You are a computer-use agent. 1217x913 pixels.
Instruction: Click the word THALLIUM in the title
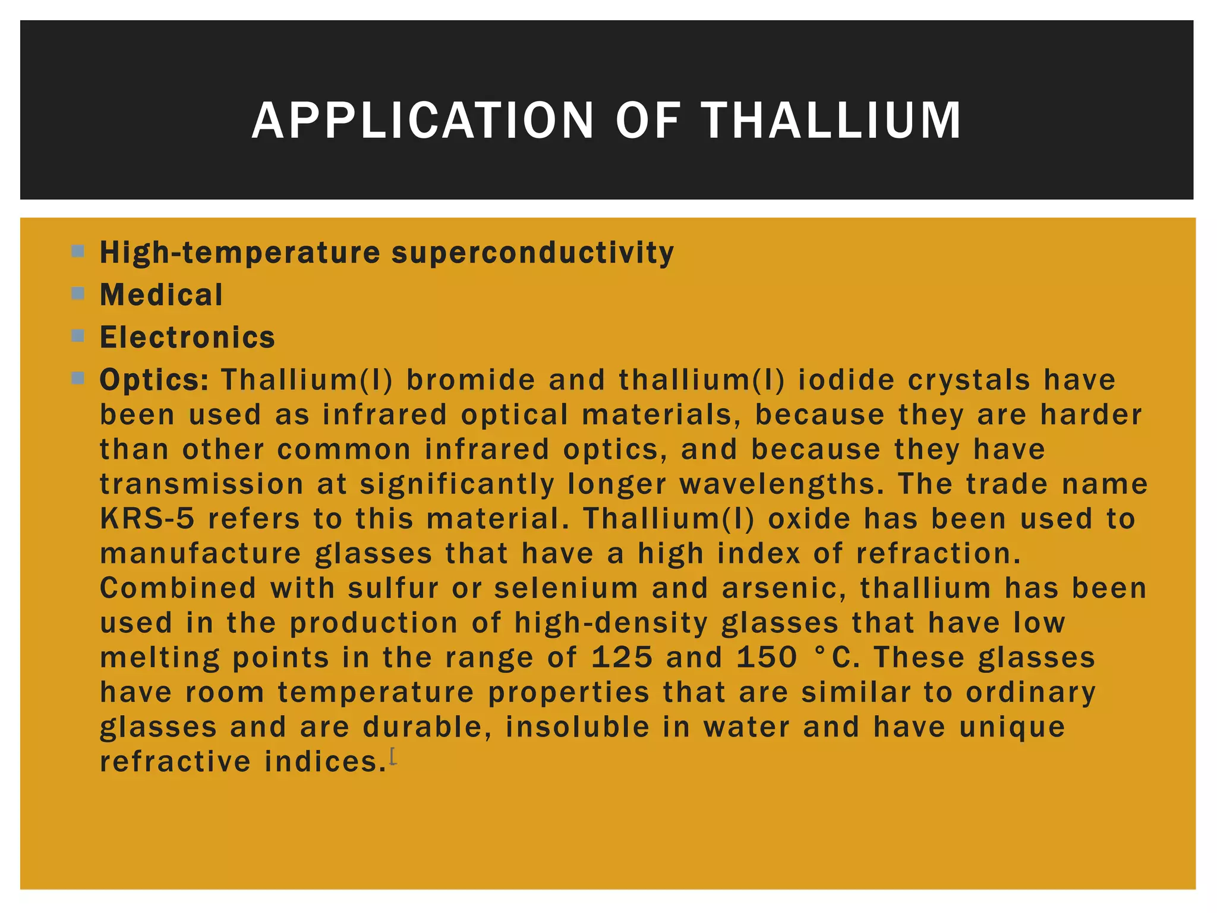[x=831, y=121]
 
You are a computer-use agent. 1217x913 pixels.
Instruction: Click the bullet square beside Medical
[x=78, y=293]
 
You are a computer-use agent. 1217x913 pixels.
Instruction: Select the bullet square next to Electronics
[x=78, y=336]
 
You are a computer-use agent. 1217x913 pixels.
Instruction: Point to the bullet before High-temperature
[x=78, y=251]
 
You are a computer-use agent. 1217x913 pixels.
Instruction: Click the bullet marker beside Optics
[x=78, y=378]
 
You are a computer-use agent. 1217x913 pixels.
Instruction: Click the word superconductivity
[x=533, y=253]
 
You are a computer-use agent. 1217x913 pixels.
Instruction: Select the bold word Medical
[x=162, y=295]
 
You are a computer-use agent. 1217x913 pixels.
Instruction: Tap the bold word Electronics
[x=188, y=338]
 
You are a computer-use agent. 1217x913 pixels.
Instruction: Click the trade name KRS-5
[x=147, y=519]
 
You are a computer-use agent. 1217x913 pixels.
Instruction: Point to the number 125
[x=622, y=657]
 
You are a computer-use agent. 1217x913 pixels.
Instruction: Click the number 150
[x=767, y=657]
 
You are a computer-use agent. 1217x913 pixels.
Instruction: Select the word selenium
[x=566, y=588]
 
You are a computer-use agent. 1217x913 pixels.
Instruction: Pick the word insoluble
[x=578, y=727]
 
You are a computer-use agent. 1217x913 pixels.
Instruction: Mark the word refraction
[x=938, y=554]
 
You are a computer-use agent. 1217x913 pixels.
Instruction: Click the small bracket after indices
[x=393, y=757]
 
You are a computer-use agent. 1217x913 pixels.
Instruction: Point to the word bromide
[x=471, y=380]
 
